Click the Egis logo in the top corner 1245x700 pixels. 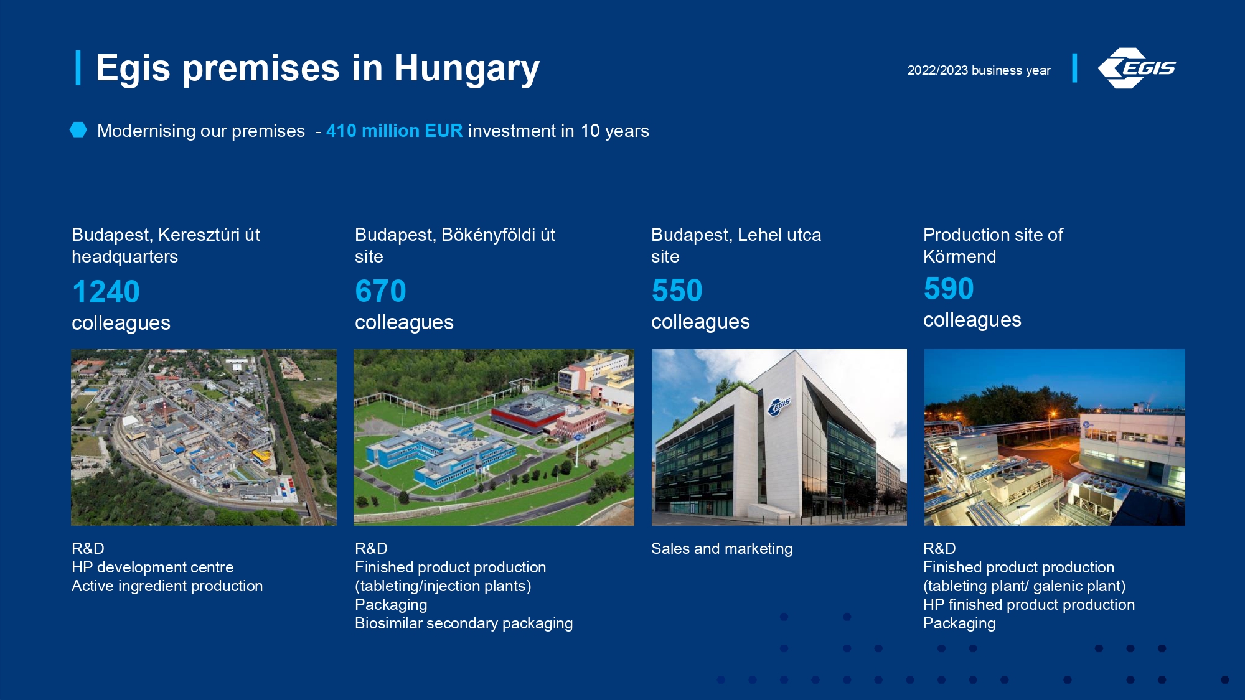(x=1136, y=68)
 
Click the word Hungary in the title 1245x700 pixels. (x=466, y=68)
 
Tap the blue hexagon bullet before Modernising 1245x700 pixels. (x=78, y=129)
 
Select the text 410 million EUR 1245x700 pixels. (x=395, y=131)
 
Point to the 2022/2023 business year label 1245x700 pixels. (x=979, y=70)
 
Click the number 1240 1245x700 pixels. (x=106, y=291)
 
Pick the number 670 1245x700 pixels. (x=380, y=291)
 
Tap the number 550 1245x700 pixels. (x=677, y=290)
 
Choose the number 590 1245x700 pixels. (x=949, y=288)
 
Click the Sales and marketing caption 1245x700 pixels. (x=721, y=548)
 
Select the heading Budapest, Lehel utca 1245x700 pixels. (x=736, y=235)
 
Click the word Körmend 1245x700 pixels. (x=959, y=256)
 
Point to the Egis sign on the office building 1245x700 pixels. (x=779, y=406)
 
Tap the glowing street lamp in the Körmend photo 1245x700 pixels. (x=1053, y=414)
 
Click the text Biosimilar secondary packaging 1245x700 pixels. (x=464, y=623)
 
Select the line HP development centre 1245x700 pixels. (x=153, y=567)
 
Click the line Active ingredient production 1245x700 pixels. (x=167, y=586)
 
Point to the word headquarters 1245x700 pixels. (x=125, y=256)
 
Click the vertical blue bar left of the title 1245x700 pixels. (x=78, y=68)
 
